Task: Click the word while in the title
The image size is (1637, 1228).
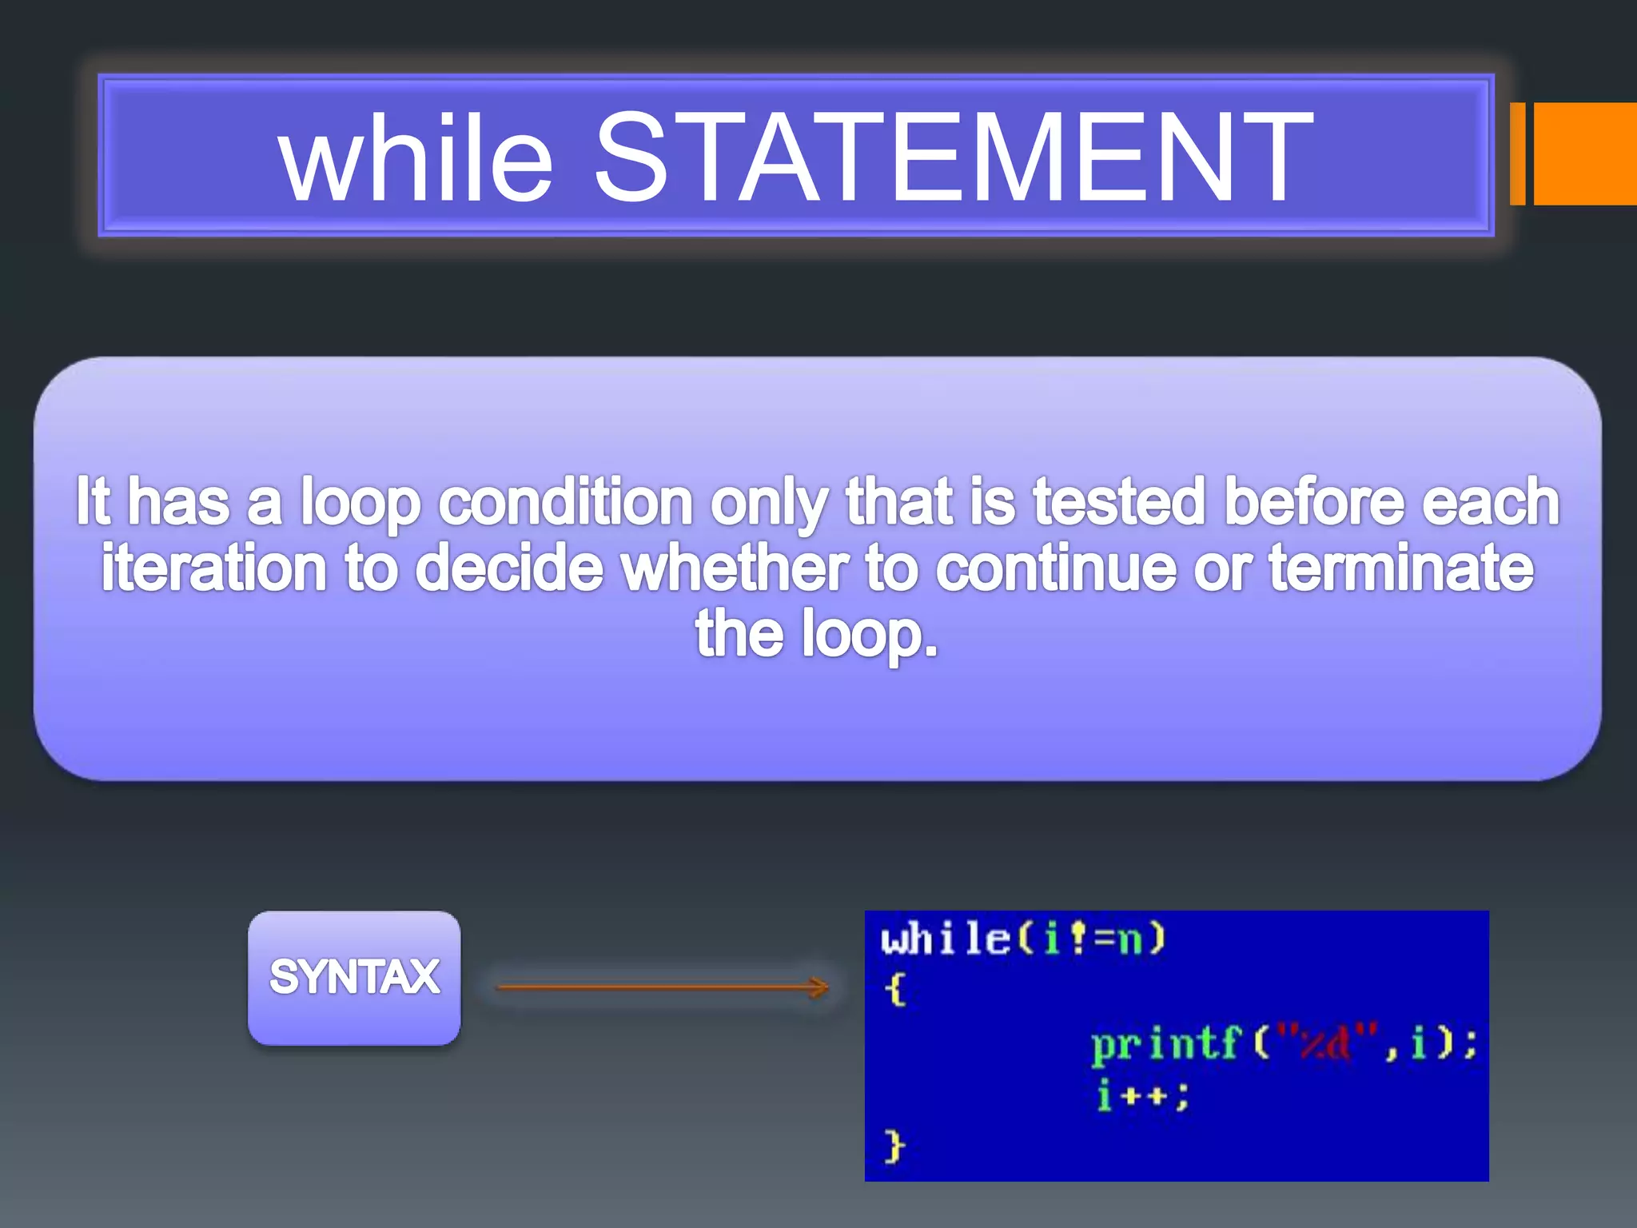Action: [416, 156]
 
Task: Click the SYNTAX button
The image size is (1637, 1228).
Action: [354, 977]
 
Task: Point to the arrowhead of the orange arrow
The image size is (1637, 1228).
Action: [820, 987]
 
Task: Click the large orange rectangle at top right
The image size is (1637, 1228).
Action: [1585, 153]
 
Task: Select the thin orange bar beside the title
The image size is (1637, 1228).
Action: [1517, 153]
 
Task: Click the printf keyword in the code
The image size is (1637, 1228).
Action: [1165, 1044]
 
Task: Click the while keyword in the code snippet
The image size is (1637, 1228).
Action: [945, 939]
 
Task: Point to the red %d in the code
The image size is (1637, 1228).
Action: [1325, 1044]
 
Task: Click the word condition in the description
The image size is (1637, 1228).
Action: [566, 503]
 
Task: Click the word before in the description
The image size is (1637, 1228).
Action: [1314, 503]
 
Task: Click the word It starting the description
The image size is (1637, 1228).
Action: [93, 503]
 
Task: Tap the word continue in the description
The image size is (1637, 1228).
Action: [1056, 568]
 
